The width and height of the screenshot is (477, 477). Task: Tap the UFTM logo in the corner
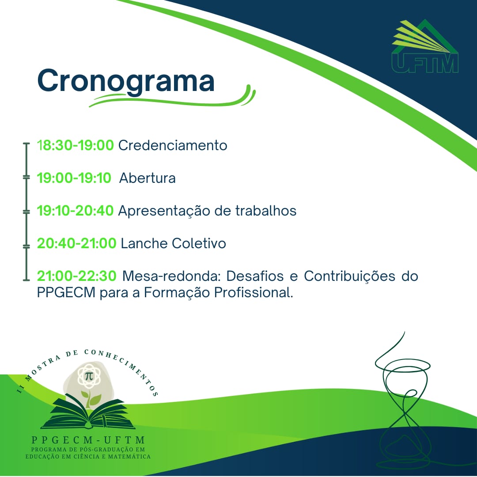pyautogui.click(x=425, y=46)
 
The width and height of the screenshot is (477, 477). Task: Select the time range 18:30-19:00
pyautogui.click(x=76, y=145)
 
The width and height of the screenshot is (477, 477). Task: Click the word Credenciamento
pyautogui.click(x=173, y=145)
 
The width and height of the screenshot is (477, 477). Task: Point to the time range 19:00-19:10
pyautogui.click(x=74, y=178)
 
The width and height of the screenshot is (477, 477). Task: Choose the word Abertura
pyautogui.click(x=148, y=178)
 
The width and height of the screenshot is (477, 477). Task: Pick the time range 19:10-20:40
pyautogui.click(x=75, y=211)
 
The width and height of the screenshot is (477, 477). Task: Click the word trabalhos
pyautogui.click(x=266, y=211)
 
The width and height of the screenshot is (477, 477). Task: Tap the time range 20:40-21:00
pyautogui.click(x=77, y=243)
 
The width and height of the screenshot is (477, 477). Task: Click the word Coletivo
pyautogui.click(x=199, y=243)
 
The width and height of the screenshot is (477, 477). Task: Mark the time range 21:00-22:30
pyautogui.click(x=77, y=276)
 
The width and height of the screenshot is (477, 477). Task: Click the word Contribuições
pyautogui.click(x=349, y=276)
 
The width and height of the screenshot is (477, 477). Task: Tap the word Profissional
pyautogui.click(x=254, y=293)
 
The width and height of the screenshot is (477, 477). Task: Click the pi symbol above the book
pyautogui.click(x=89, y=376)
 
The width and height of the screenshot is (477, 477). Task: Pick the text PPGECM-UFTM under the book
pyautogui.click(x=88, y=440)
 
